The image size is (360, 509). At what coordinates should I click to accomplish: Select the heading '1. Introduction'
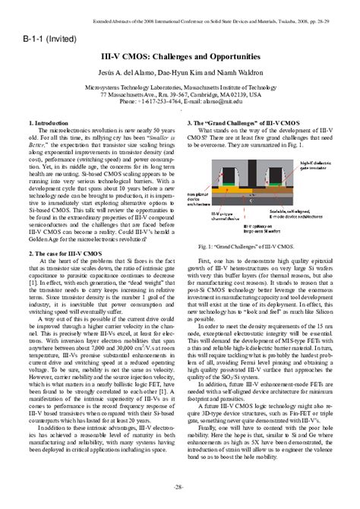click(54, 122)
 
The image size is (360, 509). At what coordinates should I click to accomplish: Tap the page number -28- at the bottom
click(180, 486)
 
